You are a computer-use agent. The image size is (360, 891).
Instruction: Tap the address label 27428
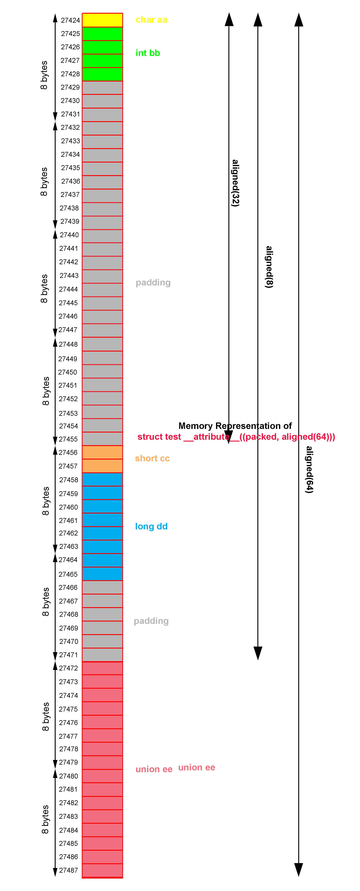tap(70, 74)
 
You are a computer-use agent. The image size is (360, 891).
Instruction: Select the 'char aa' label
tap(151, 20)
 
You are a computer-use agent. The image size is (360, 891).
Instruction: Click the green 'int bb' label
tap(148, 53)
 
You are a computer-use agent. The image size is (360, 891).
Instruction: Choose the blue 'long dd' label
tap(151, 526)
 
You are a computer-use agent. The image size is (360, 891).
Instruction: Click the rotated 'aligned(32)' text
tap(235, 183)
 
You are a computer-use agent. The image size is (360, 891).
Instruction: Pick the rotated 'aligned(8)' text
tap(269, 267)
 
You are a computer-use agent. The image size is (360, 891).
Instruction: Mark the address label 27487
tap(68, 870)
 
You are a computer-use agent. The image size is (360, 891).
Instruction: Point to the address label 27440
tap(69, 235)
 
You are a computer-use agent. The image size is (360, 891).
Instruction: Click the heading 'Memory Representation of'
tap(235, 426)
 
